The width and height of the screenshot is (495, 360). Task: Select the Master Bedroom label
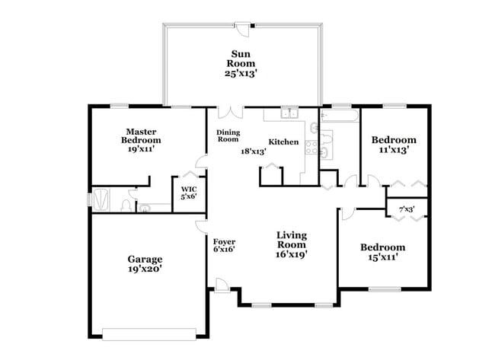(143, 136)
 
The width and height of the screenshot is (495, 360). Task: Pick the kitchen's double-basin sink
(289, 115)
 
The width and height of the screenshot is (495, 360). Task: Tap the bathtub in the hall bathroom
(339, 116)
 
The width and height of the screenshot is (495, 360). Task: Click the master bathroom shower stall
(107, 199)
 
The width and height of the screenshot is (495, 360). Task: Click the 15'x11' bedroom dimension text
(382, 258)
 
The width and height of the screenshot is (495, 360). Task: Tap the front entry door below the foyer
(222, 286)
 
